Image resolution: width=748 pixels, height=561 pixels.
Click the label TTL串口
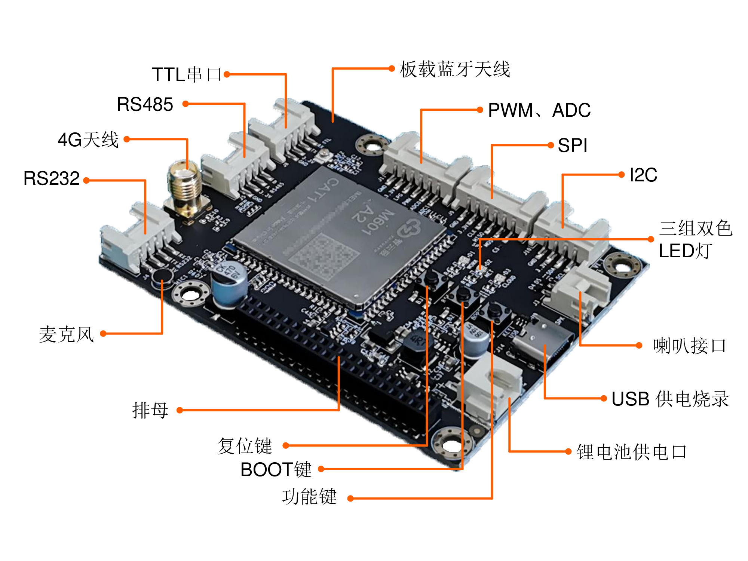point(186,74)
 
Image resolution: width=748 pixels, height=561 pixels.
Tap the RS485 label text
point(145,104)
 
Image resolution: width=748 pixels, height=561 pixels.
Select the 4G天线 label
point(88,140)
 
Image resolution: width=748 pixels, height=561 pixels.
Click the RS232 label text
point(51,178)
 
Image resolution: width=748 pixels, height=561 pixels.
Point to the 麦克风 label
point(67,334)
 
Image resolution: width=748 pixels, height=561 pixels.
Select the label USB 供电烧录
point(670,399)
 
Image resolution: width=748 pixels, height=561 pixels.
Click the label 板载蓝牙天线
point(454,69)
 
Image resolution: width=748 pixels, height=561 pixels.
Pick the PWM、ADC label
point(539,110)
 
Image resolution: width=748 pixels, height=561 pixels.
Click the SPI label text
point(572,145)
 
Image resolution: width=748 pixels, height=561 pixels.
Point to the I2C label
point(643,175)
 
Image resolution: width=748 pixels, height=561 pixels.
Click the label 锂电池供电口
point(631,452)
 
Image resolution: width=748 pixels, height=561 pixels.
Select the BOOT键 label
point(276,469)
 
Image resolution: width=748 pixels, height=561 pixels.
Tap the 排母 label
point(150,410)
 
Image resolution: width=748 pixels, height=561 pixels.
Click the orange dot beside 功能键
point(350,498)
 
